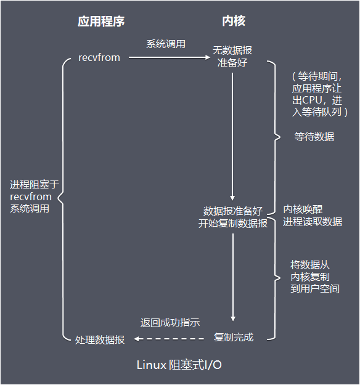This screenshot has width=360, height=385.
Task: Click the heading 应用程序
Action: [101, 22]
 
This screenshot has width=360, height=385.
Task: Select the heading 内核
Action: [233, 22]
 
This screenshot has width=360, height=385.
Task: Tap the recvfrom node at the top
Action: [99, 57]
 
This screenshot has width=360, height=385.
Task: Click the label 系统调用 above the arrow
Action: [166, 44]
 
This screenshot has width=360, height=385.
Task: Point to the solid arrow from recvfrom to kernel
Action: [166, 58]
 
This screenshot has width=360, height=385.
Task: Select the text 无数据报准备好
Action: [232, 56]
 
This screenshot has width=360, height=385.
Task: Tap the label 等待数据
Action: [314, 137]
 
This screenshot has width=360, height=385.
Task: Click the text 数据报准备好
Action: [233, 211]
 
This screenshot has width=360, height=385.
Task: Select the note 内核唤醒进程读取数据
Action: [313, 215]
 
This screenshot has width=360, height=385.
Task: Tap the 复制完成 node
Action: [233, 338]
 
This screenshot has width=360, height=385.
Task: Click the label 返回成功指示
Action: [170, 323]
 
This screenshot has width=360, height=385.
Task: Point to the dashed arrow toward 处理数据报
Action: [170, 339]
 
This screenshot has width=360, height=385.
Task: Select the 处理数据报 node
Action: [99, 339]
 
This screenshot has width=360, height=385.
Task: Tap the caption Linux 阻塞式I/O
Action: [179, 365]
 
